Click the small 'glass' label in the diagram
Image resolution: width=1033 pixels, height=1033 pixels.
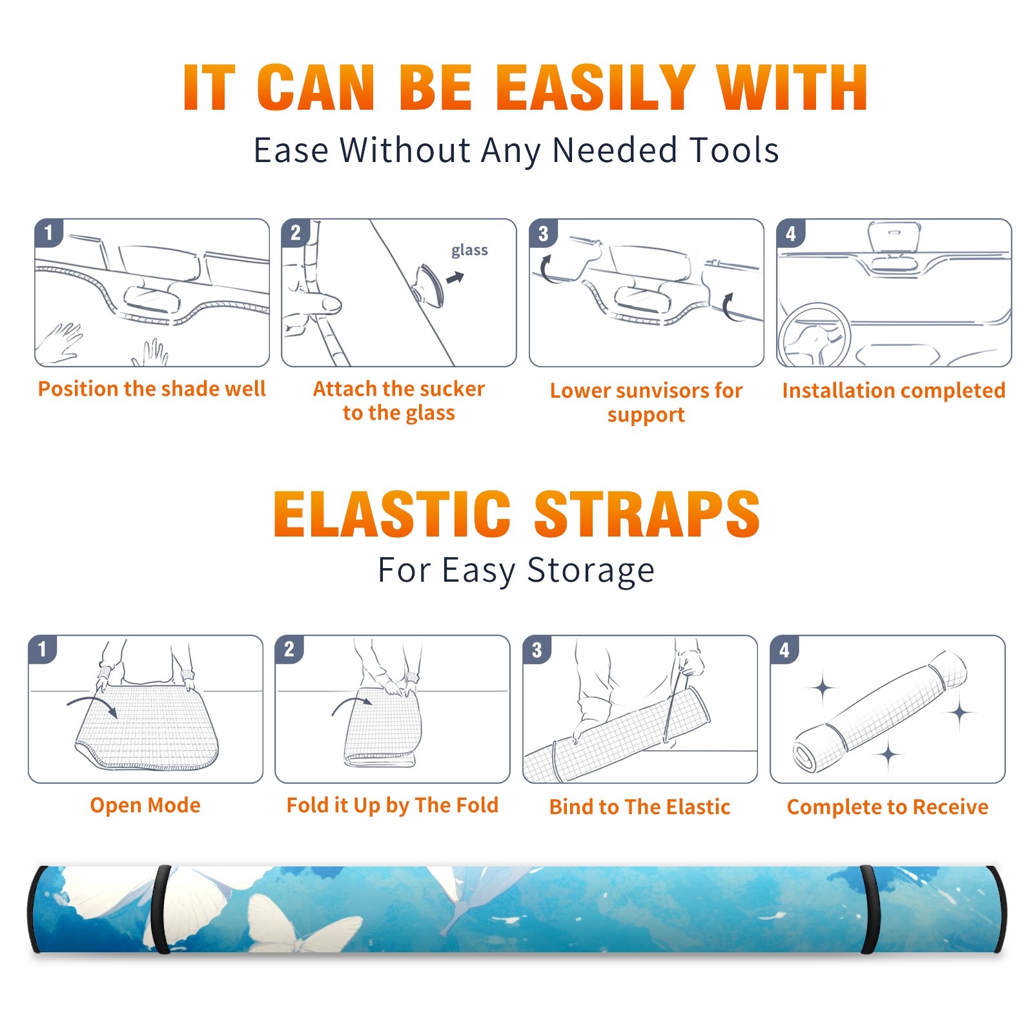click(x=469, y=251)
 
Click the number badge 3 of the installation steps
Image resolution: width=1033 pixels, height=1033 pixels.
click(x=543, y=233)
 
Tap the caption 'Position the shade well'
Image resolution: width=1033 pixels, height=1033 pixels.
click(x=152, y=389)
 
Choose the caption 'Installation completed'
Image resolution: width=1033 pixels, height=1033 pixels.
click(x=894, y=390)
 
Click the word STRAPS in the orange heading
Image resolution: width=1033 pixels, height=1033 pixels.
click(x=647, y=514)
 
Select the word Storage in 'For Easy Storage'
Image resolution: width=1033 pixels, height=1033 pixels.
click(x=591, y=571)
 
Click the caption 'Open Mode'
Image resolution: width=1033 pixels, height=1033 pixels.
click(x=145, y=805)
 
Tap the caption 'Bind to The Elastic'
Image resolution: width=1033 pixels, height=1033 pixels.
click(x=640, y=807)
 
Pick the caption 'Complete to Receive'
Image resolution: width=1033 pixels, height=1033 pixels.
click(x=888, y=807)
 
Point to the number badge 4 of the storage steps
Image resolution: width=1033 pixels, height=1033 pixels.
click(x=784, y=649)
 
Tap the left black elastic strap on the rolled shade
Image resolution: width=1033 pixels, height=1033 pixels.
click(x=160, y=910)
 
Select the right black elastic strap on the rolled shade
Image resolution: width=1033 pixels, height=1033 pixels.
click(x=870, y=910)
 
